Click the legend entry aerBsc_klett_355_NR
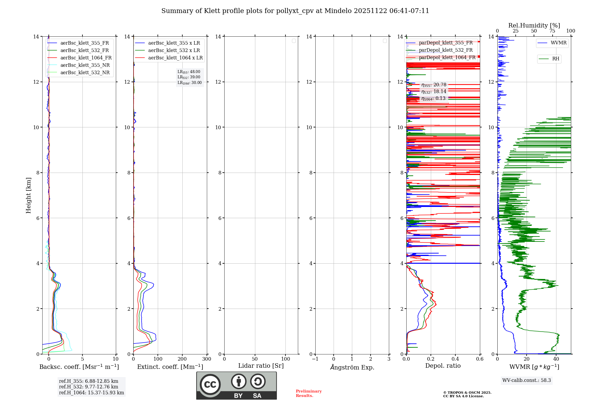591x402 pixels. tap(85, 65)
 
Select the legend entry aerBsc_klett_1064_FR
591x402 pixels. tap(86, 58)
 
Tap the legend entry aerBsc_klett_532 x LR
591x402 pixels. tap(174, 50)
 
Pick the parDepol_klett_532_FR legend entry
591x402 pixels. tap(446, 50)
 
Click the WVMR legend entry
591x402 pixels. tap(558, 43)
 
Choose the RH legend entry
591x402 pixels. tap(556, 59)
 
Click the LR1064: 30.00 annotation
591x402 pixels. tap(189, 83)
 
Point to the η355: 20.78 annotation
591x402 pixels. tap(434, 85)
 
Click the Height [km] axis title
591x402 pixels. tap(28, 195)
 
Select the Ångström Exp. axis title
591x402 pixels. tap(352, 367)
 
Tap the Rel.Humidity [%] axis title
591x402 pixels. tap(534, 25)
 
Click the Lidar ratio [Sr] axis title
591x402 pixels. tap(261, 366)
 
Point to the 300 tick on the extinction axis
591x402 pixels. tap(207, 359)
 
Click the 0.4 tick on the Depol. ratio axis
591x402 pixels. tap(455, 359)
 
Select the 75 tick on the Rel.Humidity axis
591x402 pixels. tap(552, 31)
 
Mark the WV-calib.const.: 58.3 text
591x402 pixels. tap(527, 380)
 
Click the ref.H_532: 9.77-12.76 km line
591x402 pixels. tap(88, 387)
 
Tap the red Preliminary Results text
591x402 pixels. tap(309, 393)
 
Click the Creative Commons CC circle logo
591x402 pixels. tap(210, 385)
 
